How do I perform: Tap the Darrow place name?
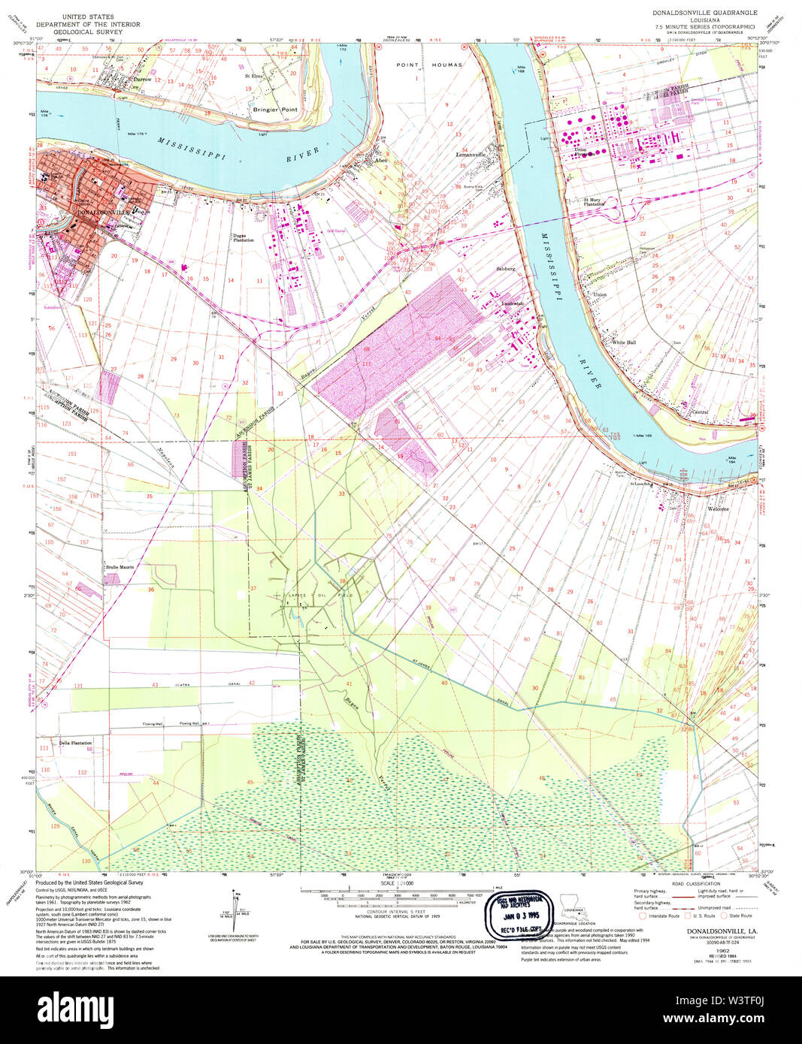[142, 79]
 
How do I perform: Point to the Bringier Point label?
[275, 110]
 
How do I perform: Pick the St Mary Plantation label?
[595, 202]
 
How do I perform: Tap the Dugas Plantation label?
[243, 237]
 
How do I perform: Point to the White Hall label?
[623, 342]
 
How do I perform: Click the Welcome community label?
[718, 509]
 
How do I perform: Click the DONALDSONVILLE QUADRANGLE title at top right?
[704, 13]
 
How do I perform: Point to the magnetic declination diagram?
[234, 910]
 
